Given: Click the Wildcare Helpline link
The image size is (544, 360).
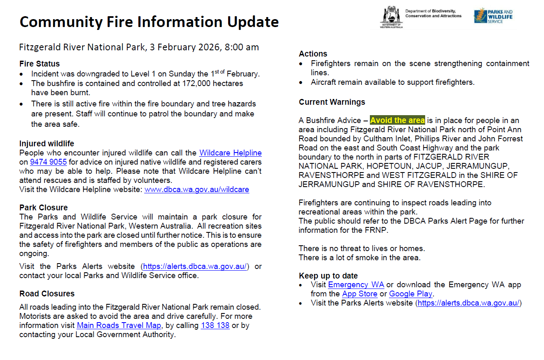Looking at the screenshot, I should coord(230,153).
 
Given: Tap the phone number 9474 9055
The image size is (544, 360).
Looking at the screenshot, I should coord(48,162).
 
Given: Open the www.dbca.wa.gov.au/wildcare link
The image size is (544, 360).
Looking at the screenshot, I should coord(197,190).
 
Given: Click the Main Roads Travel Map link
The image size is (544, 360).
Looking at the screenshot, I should coord(119,325).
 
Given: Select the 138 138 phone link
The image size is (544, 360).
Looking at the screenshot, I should coord(215,325).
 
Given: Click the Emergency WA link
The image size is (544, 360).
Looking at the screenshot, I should coord(356,285).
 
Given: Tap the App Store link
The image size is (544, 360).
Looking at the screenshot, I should coord(359,294).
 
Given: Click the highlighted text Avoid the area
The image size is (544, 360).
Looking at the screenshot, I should coord(397,121).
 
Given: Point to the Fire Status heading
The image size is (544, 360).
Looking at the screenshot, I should coord(39,64).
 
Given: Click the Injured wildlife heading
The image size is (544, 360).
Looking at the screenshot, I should coord(47,144).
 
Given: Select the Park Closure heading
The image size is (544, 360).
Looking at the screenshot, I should coord(44,208).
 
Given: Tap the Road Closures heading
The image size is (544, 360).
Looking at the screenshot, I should coord(47,294).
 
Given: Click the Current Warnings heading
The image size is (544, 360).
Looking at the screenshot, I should coord(332,102).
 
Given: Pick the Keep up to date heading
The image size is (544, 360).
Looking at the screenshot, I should coord(328,276).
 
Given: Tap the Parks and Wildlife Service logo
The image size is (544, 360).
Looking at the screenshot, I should coord(493,16).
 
